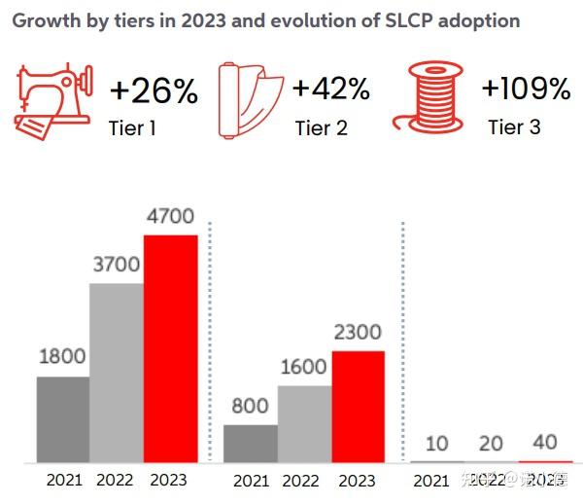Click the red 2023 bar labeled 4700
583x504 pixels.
click(170, 348)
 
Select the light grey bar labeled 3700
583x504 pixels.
click(117, 373)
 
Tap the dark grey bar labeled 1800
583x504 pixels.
click(63, 419)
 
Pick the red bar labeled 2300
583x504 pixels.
click(358, 407)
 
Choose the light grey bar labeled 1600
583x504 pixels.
click(304, 423)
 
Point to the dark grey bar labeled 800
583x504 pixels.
click(251, 443)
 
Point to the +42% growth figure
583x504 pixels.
click(331, 90)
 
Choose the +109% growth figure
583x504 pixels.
click(526, 90)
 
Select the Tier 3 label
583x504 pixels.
click(514, 127)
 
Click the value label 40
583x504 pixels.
click(545, 443)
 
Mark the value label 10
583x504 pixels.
click(437, 444)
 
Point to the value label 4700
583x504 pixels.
click(170, 217)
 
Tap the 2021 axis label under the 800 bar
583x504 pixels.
click(251, 481)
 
